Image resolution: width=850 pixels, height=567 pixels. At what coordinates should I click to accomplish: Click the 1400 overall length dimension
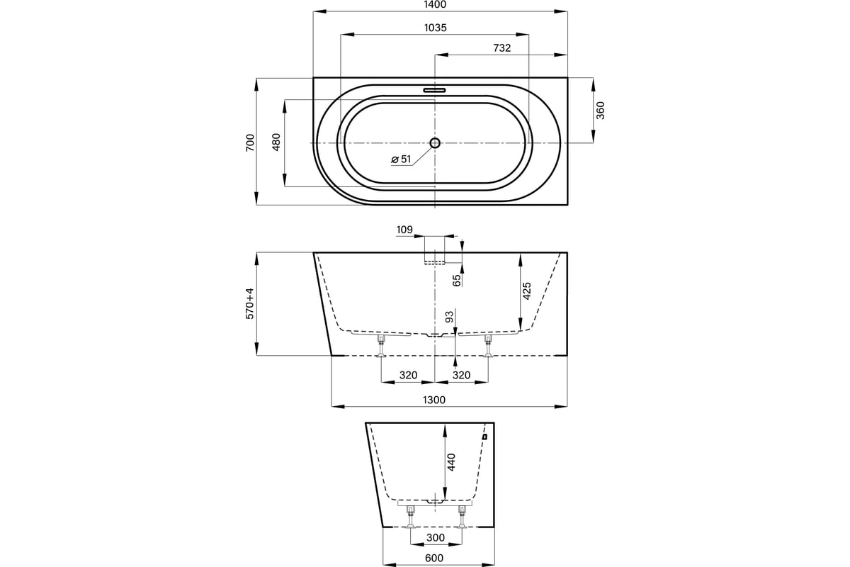435,4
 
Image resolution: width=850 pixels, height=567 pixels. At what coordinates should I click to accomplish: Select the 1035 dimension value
435,28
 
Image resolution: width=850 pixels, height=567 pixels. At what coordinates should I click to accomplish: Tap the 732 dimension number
501,48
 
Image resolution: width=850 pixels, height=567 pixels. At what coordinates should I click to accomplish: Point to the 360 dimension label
601,111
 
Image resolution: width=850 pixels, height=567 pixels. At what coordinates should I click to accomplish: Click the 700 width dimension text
250,142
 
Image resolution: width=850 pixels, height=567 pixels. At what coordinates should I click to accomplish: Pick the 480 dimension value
276,142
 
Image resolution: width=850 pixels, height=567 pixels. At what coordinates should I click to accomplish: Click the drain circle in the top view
435,142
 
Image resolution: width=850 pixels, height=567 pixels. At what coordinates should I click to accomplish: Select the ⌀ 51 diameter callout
401,159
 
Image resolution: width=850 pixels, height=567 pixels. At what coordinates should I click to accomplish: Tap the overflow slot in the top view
434,91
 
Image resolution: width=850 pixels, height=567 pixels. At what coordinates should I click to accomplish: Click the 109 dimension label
404,230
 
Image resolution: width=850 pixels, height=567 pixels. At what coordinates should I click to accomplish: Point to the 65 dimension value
457,280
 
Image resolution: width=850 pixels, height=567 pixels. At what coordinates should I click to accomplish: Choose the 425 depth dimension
526,291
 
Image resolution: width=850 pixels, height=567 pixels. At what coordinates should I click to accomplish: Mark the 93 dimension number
449,316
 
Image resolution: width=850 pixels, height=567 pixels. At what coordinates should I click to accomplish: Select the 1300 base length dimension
434,400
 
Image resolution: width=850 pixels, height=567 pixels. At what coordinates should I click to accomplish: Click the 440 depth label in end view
450,462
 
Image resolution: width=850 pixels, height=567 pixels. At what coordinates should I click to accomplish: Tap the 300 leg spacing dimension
435,537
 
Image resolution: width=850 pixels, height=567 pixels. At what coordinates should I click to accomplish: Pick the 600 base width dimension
434,558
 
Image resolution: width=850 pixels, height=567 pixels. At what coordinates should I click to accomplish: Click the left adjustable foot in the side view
381,346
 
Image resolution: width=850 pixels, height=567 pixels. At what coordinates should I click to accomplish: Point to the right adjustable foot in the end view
462,517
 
